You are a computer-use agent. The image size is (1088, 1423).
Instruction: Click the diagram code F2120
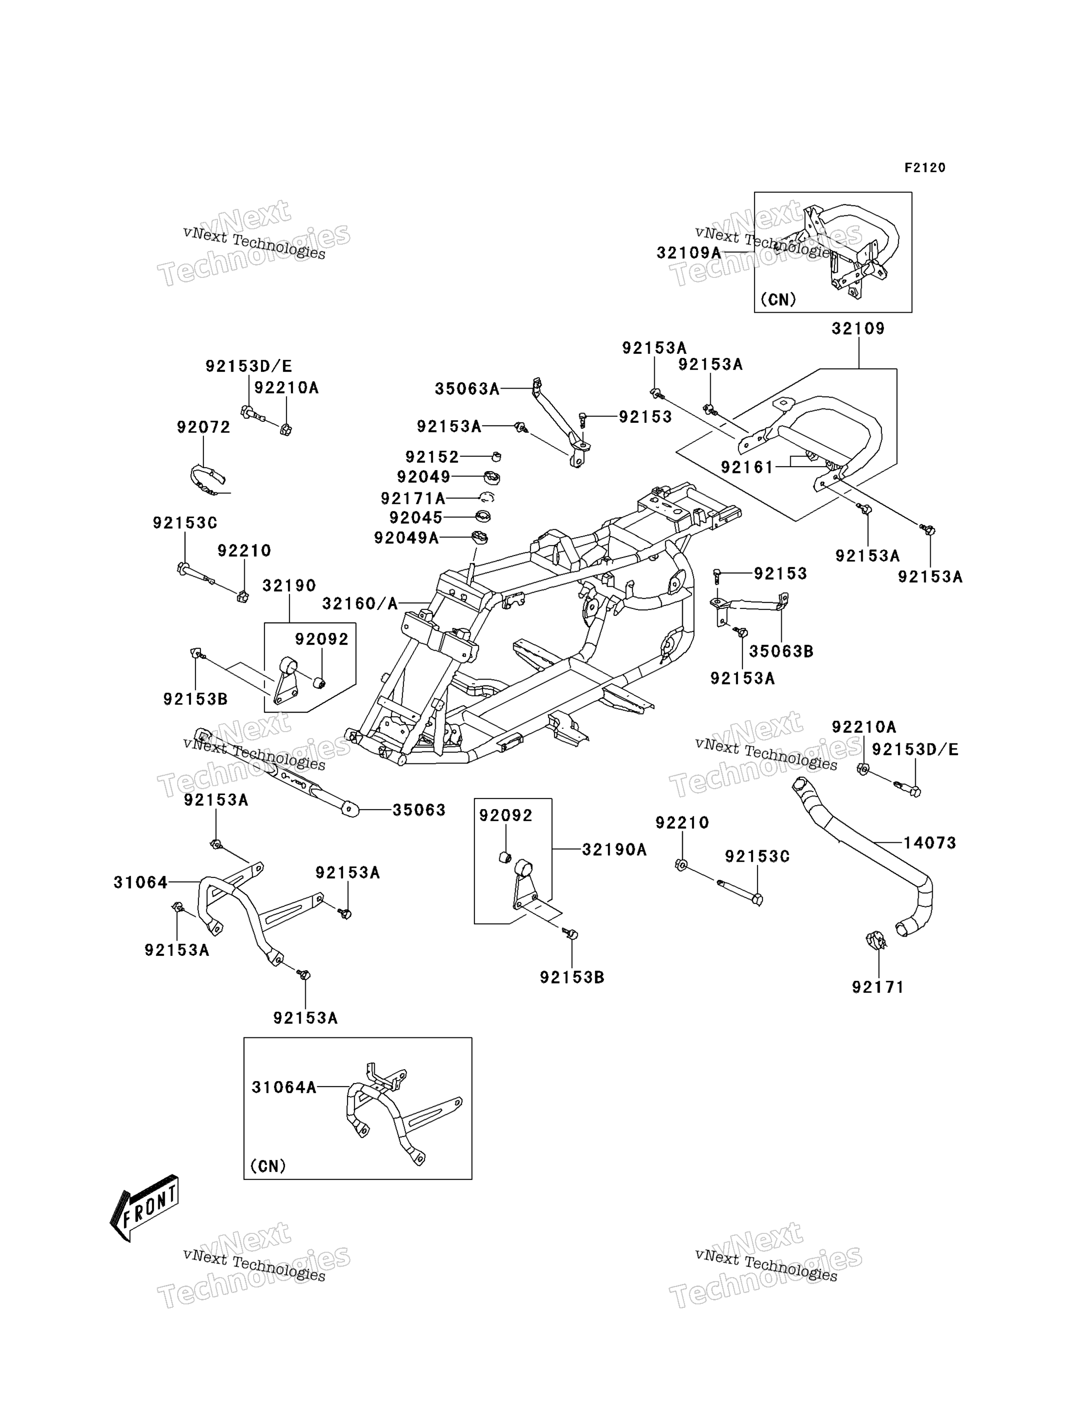pos(925,168)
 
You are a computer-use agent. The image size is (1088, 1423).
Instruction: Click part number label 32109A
pos(689,253)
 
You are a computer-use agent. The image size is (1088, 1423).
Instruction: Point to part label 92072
pos(204,427)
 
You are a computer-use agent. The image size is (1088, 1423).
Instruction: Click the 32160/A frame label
pos(360,603)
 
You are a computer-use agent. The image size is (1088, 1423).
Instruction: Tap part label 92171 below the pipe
pos(878,987)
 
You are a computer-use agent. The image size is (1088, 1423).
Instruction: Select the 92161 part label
pos(748,467)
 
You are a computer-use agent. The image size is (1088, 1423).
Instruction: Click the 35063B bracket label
pos(781,651)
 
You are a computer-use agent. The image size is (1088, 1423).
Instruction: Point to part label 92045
pos(416,518)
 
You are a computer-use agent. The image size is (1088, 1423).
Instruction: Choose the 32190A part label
pos(614,849)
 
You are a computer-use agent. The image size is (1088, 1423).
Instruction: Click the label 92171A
pos(413,498)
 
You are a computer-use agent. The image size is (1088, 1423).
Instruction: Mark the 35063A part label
pos(467,389)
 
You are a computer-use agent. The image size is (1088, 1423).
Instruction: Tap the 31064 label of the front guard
pos(140,882)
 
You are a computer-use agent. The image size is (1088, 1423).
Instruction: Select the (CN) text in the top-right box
pos(778,299)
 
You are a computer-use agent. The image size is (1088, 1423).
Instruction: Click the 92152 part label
pos(432,457)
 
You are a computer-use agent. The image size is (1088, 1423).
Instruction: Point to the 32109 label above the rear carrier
pos(858,329)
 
